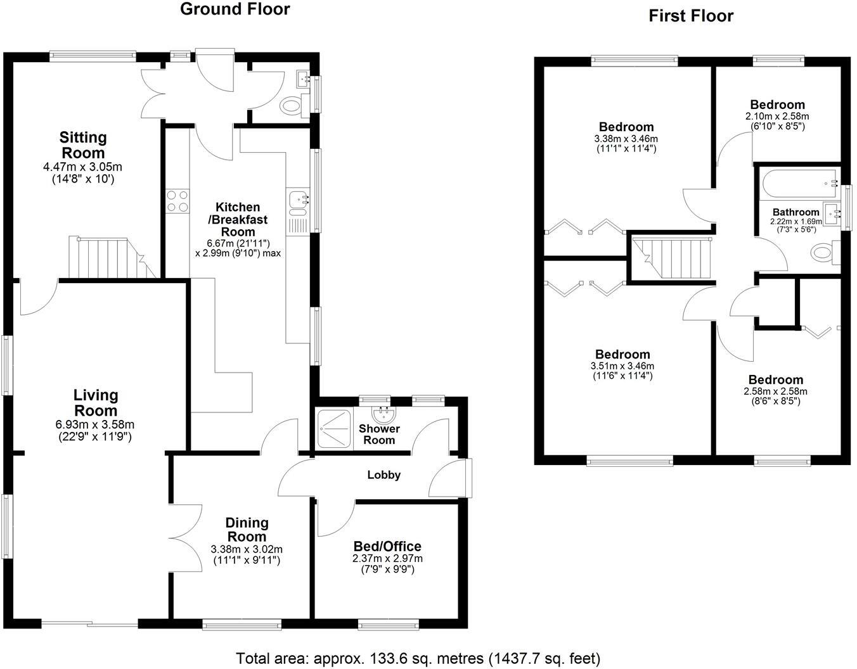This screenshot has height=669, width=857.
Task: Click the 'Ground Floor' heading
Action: tap(235, 10)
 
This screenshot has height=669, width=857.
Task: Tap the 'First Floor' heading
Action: tap(690, 16)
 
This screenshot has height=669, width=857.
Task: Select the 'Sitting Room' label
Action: tap(82, 145)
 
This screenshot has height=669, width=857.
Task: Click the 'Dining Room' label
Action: tap(247, 530)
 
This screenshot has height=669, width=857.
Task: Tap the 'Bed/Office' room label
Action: tap(387, 546)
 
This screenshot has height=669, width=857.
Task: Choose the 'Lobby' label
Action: tap(384, 475)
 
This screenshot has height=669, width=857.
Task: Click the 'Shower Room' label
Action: tap(379, 435)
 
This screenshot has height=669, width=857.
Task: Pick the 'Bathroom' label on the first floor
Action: tap(796, 212)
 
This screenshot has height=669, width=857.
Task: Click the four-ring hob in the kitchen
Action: tap(177, 201)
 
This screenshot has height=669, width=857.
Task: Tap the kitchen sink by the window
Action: tap(297, 200)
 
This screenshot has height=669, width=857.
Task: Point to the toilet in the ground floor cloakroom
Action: tap(293, 105)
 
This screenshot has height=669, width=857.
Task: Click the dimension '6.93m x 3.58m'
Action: tap(95, 424)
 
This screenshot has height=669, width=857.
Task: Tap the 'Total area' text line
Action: tap(418, 658)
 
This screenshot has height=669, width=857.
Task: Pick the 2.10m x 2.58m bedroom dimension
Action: tap(776, 117)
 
